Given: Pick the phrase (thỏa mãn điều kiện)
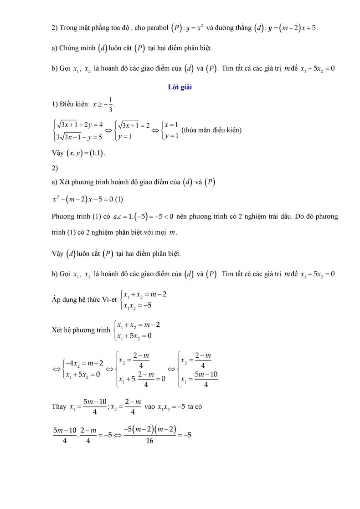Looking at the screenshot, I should click(211, 130).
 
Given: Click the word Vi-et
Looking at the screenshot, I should click(108, 299).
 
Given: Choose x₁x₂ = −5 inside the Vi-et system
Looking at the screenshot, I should click(137, 305).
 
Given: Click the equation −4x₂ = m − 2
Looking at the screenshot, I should click(85, 364).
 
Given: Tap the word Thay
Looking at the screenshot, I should click(59, 406).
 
